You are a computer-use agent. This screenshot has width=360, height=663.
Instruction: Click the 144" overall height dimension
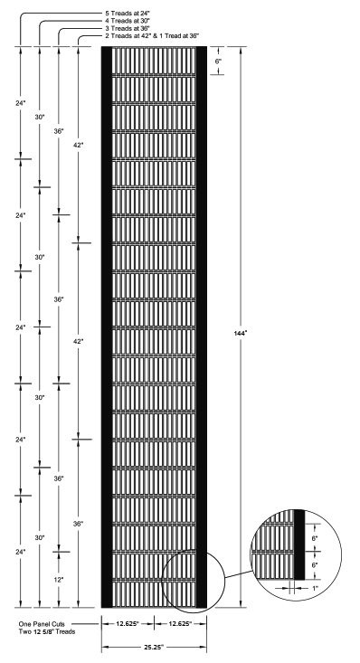[241, 332]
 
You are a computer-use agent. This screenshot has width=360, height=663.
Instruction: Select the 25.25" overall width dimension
[154, 648]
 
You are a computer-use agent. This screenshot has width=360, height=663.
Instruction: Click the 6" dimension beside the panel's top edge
[217, 61]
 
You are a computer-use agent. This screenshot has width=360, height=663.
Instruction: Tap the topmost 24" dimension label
[19, 103]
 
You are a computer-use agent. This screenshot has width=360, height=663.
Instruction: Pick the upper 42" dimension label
[80, 145]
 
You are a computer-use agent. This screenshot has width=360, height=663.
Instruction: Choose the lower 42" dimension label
[80, 341]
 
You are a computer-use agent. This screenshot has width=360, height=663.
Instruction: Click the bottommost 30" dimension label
[39, 537]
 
